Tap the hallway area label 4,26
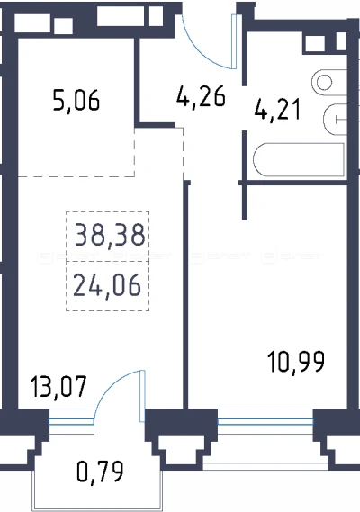pyautogui.click(x=201, y=96)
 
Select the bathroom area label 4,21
pyautogui.click(x=277, y=110)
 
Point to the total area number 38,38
pyautogui.click(x=110, y=235)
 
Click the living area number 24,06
pyautogui.click(x=107, y=285)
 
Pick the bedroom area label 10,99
pyautogui.click(x=296, y=362)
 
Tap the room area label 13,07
pyautogui.click(x=58, y=387)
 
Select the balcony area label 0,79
pyautogui.click(x=100, y=471)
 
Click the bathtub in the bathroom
pyautogui.click(x=299, y=160)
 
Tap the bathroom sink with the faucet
pyautogui.click(x=335, y=119)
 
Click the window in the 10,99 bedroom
pyautogui.click(x=265, y=422)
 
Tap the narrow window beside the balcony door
pyautogui.click(x=71, y=422)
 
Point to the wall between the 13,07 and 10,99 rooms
pyautogui.click(x=186, y=294)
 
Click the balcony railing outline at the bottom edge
pyautogui.click(x=97, y=509)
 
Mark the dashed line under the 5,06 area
pyautogui.click(x=76, y=176)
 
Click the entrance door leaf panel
pyautogui.click(x=234, y=41)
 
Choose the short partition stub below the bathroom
pyautogui.click(x=245, y=201)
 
